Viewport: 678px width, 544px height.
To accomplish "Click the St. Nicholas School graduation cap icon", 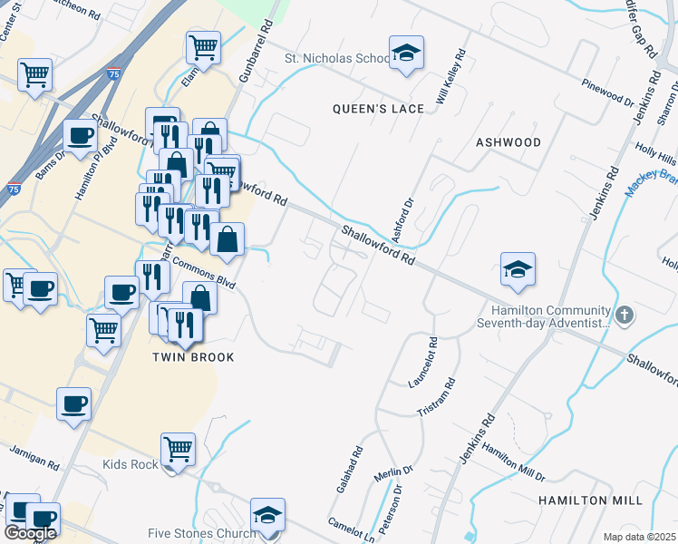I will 407,53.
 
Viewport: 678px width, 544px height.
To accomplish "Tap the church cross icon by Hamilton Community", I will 623,316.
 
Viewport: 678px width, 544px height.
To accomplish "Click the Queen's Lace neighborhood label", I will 379,109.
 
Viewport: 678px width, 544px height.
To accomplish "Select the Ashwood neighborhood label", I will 508,142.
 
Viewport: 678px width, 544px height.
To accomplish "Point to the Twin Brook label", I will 193,357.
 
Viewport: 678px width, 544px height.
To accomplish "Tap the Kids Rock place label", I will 130,465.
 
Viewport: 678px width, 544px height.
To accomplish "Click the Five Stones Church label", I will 202,533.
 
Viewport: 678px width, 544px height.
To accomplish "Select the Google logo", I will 30,533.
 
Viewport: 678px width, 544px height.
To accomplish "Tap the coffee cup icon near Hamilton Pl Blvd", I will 80,137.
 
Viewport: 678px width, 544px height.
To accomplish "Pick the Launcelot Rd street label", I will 422,363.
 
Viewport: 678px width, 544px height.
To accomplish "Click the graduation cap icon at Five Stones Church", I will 267,515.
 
